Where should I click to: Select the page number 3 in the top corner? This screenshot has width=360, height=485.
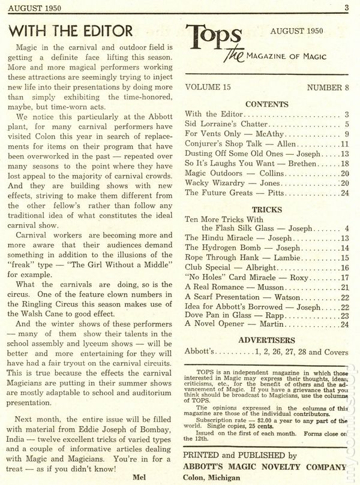(347, 7)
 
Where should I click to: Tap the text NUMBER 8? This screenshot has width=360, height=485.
(328, 87)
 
